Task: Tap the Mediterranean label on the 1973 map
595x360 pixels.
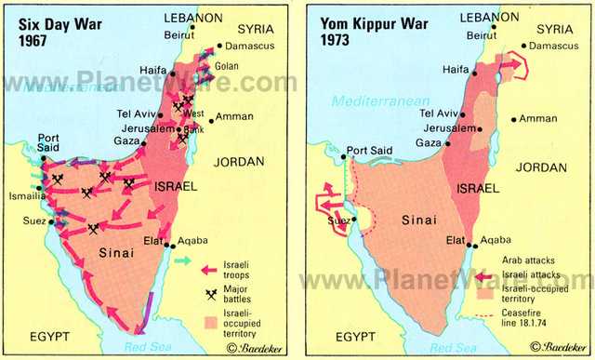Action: coord(368,99)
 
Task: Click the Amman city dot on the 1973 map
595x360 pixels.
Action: coord(511,119)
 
